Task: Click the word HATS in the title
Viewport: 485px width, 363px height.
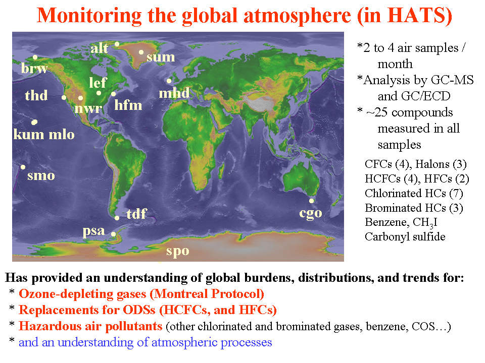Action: coord(416,16)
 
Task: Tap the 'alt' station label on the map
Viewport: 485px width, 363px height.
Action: coord(100,48)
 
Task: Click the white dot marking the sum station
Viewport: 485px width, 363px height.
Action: coord(141,52)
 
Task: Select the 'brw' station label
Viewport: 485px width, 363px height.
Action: coord(34,68)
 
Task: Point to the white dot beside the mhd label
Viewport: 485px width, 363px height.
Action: coord(169,81)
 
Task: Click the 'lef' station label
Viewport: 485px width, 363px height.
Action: coord(98,82)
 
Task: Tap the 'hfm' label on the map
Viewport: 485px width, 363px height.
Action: coord(128,105)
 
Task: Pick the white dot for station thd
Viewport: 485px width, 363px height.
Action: coord(64,97)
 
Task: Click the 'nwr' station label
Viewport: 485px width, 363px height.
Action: coord(88,108)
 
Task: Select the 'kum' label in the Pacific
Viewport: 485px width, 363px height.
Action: coord(28,134)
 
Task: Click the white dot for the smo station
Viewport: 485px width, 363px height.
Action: coord(23,167)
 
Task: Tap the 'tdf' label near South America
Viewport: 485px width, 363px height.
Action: coord(136,214)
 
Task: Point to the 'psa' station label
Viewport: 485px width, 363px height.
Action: coord(94,231)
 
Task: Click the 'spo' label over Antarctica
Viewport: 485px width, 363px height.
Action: coord(177,251)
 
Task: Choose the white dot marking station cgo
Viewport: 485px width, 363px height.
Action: coord(312,201)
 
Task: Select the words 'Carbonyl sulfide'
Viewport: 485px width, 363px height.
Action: coord(405,237)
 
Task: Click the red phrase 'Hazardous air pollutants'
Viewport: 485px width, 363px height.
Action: coord(90,326)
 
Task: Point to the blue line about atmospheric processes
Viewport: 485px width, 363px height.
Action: coord(145,342)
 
